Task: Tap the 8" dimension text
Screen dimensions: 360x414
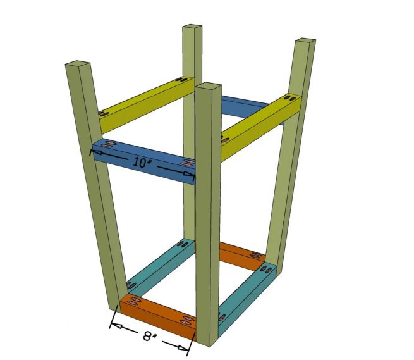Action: [150, 336]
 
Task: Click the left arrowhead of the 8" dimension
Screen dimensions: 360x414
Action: [114, 325]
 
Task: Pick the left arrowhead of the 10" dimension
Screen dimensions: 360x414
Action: [97, 151]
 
